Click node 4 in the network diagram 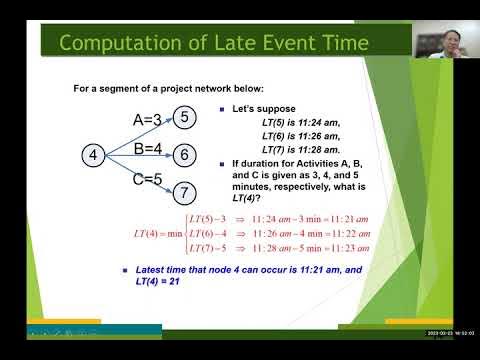coord(93,155)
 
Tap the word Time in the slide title coord(342,42)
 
